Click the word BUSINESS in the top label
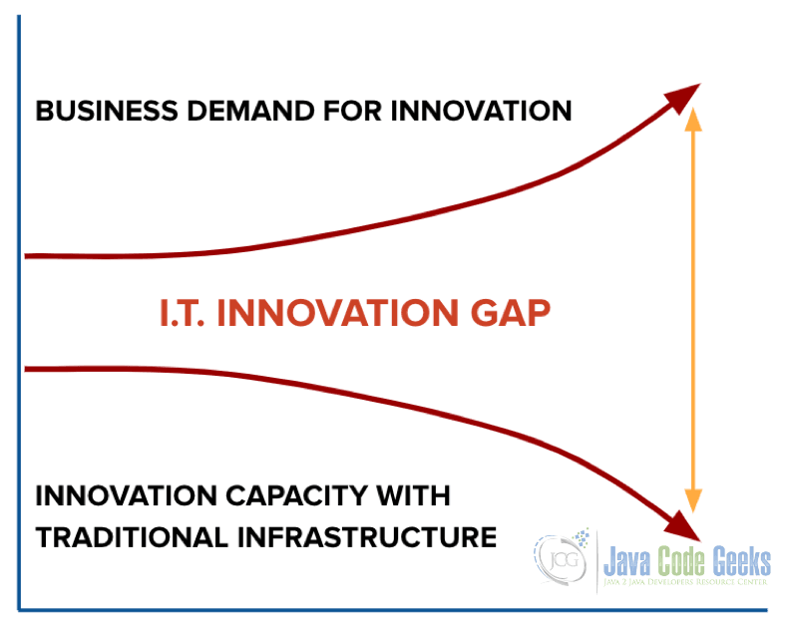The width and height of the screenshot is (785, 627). point(107,111)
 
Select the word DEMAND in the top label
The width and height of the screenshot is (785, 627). point(250,111)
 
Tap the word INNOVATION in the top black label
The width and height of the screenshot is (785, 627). point(481,111)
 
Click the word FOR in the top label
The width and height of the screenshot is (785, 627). point(352,111)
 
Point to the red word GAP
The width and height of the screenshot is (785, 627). point(510,313)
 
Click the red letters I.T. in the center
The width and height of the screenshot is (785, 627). point(183,313)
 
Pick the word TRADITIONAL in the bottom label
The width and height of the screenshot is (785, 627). point(133,537)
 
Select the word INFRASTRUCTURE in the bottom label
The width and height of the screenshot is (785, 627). point(367,537)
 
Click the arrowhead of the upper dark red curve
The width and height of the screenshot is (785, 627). point(682,97)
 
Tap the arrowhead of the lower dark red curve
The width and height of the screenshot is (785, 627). point(682,526)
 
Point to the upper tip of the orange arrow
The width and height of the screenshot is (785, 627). point(693,108)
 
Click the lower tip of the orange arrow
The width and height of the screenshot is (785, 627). point(693,512)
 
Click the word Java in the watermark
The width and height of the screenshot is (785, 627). point(627,561)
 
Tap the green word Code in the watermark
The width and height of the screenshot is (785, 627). point(682,561)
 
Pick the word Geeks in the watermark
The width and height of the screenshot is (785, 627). point(741,561)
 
